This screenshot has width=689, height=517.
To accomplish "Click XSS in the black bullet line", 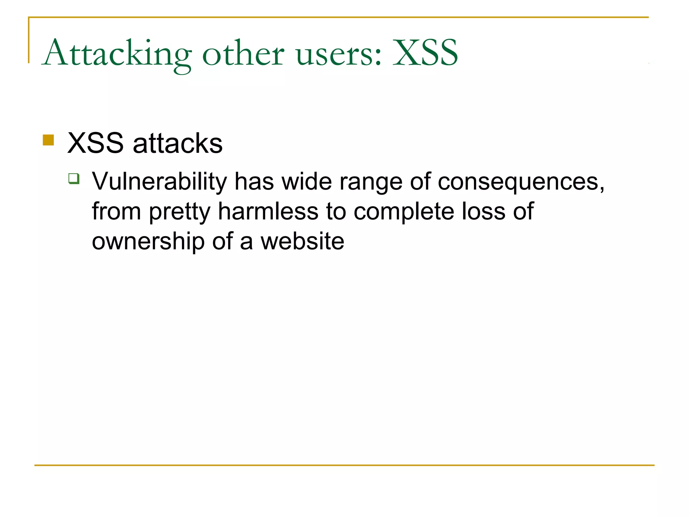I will click(96, 143).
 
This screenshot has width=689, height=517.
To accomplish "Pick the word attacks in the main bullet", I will click(178, 143).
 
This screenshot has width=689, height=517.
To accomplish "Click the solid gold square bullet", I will click(48, 140).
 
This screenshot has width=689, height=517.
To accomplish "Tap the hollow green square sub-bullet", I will click(74, 178).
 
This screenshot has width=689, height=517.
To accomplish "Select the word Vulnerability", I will click(159, 182).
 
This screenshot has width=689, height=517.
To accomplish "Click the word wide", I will click(307, 182).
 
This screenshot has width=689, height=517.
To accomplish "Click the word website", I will click(302, 241).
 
